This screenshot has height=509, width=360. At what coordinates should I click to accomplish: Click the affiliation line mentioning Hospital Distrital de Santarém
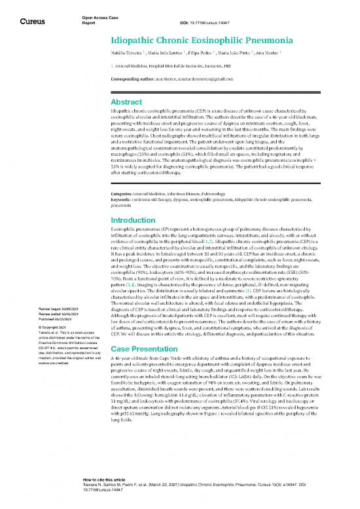(170, 66)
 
